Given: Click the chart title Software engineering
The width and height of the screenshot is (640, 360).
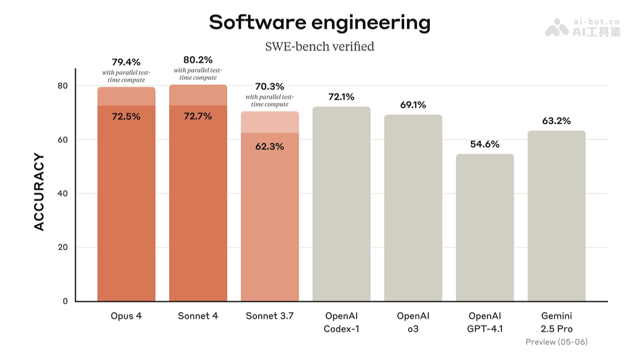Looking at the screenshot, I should (x=319, y=23).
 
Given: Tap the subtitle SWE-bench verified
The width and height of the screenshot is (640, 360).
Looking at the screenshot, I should (x=319, y=46).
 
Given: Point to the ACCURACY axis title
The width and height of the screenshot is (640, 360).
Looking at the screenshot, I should (x=39, y=192).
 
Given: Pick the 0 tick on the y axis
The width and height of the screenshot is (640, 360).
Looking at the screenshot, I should (x=65, y=301).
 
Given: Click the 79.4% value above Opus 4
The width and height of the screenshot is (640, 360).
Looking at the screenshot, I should (x=126, y=62).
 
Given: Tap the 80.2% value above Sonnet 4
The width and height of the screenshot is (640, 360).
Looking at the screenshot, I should (x=198, y=59).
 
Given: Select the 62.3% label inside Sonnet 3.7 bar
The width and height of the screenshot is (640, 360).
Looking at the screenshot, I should (x=269, y=147).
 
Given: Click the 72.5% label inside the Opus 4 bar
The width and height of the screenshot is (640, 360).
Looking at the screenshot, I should (x=126, y=116).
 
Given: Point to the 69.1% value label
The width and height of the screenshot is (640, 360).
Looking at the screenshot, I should (x=413, y=105).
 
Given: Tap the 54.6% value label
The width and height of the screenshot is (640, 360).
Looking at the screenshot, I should (x=485, y=144).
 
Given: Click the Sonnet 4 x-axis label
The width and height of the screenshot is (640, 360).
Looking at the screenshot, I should (x=198, y=316).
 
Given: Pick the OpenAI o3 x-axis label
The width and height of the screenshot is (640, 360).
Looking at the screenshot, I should (x=413, y=322).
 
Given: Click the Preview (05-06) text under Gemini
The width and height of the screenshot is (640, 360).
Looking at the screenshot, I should (x=556, y=342).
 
